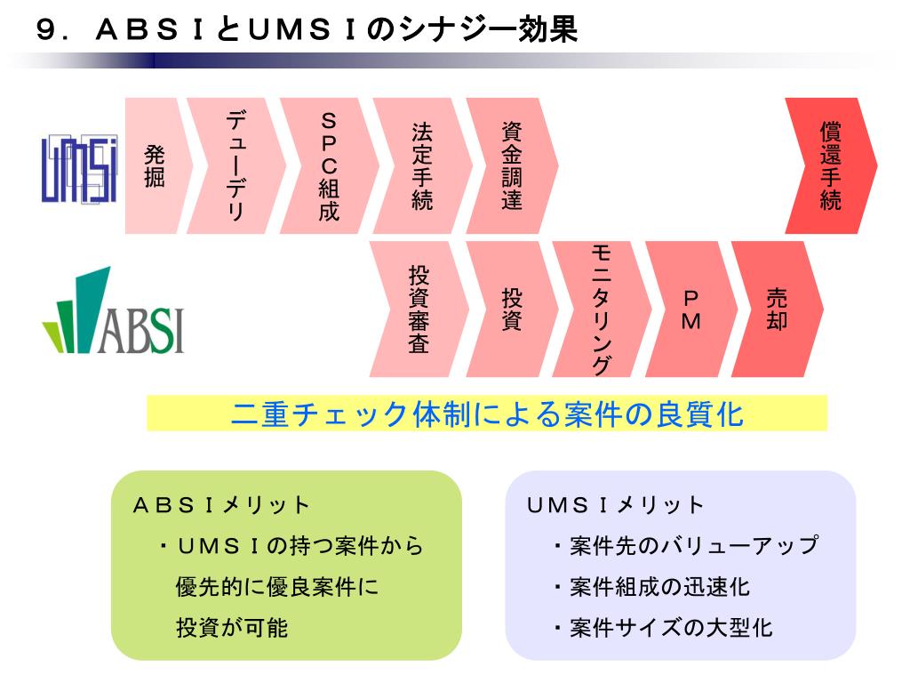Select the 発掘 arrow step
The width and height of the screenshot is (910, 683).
(x=154, y=166)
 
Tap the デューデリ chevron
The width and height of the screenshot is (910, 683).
(x=236, y=166)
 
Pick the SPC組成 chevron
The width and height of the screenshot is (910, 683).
(x=329, y=166)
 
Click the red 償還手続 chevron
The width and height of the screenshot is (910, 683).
(x=830, y=166)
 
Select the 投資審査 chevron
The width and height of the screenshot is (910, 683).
(x=419, y=309)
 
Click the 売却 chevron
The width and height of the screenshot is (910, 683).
(x=777, y=309)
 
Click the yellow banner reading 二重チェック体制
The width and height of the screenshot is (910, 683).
(x=486, y=414)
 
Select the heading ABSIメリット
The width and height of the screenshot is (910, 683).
(x=221, y=505)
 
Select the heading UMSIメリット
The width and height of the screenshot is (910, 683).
(x=615, y=505)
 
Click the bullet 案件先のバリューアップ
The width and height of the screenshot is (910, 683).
(x=685, y=545)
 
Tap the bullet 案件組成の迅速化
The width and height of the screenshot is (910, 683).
(x=651, y=587)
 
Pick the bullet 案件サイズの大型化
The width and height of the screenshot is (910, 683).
(x=663, y=628)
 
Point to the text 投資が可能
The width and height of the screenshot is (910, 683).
(x=232, y=628)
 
